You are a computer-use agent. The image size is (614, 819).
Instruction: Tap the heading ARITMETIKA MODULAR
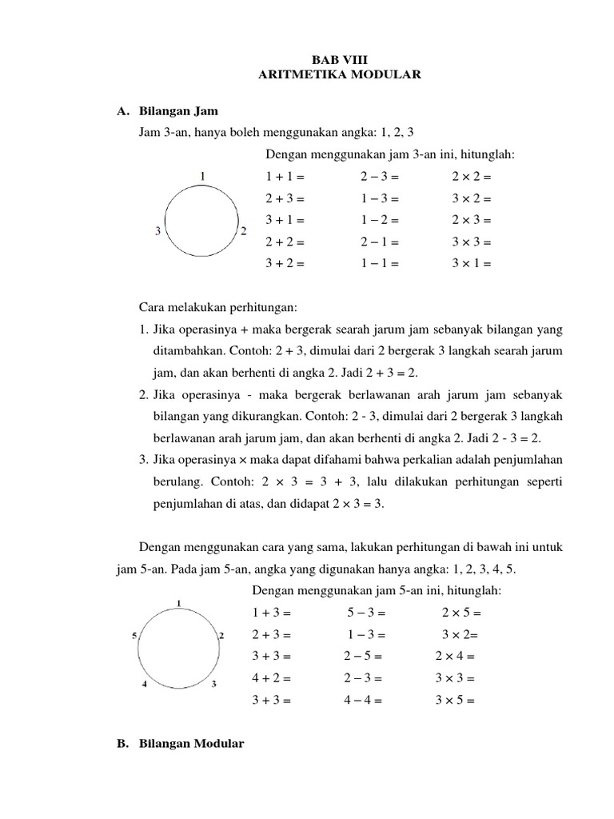point(340,75)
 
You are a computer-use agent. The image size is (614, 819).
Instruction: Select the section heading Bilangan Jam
point(178,111)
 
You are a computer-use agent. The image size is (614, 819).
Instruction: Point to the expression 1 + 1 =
point(285,176)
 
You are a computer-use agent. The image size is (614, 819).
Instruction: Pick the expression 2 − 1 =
point(380,241)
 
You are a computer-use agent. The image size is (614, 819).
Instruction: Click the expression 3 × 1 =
point(471,262)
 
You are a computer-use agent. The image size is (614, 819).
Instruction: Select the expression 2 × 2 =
point(471,176)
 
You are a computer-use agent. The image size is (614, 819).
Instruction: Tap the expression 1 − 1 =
point(380,262)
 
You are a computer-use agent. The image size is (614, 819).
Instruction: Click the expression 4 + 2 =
point(272,678)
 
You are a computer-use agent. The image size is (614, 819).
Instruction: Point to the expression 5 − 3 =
point(366,613)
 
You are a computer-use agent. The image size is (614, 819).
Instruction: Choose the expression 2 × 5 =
point(461,613)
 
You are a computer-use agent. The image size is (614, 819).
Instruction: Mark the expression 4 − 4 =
point(364,700)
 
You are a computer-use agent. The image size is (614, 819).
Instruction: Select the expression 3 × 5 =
point(455,700)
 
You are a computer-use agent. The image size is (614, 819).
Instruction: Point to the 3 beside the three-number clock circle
point(158,231)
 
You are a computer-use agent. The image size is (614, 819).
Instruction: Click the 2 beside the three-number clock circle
point(243,231)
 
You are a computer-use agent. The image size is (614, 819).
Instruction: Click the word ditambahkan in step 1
point(189,351)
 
